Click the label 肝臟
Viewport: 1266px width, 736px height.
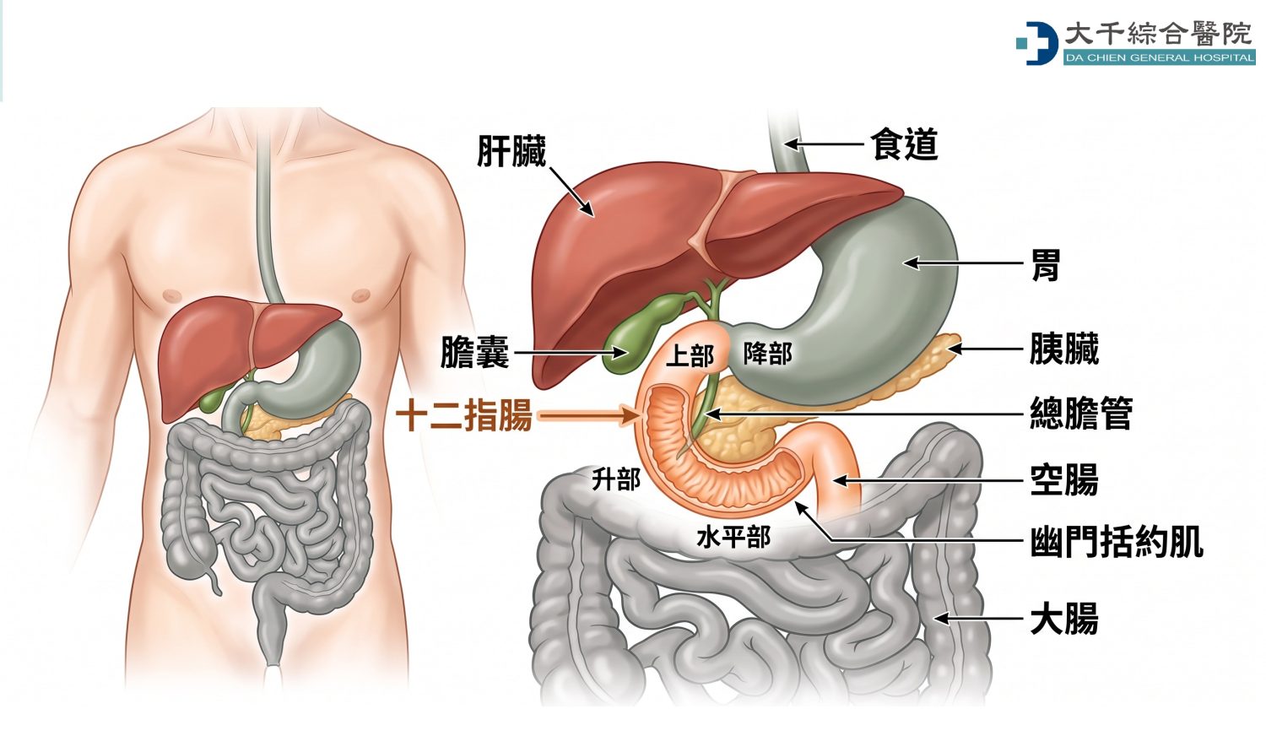click(511, 151)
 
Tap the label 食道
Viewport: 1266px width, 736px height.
click(904, 143)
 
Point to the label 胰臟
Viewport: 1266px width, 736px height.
click(1064, 349)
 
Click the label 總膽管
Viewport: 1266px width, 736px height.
click(1081, 414)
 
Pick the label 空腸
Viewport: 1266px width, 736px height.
click(1064, 480)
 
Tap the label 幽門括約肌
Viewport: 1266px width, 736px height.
click(1117, 542)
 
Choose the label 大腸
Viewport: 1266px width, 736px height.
click(1064, 619)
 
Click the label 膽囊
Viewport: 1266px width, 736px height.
click(474, 352)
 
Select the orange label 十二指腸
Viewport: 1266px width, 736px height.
click(464, 417)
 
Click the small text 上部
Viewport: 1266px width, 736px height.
click(690, 356)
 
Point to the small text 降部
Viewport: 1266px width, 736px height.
click(767, 354)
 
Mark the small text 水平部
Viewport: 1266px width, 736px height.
click(733, 538)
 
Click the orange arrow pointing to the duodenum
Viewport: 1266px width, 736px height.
click(587, 417)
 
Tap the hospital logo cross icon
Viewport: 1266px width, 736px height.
click(1036, 44)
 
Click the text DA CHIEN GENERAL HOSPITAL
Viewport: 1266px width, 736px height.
click(1159, 57)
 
